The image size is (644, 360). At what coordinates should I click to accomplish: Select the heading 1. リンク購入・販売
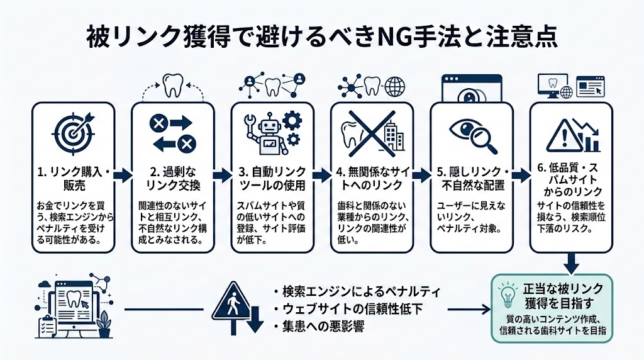pos(73,179)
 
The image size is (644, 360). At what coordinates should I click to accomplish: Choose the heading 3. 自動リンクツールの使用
pos(272,179)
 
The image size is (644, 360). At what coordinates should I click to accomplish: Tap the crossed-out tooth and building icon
pos(372,132)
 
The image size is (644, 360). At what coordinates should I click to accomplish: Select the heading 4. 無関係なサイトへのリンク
pos(372,179)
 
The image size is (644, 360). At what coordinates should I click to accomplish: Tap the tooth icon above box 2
pos(172,86)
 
